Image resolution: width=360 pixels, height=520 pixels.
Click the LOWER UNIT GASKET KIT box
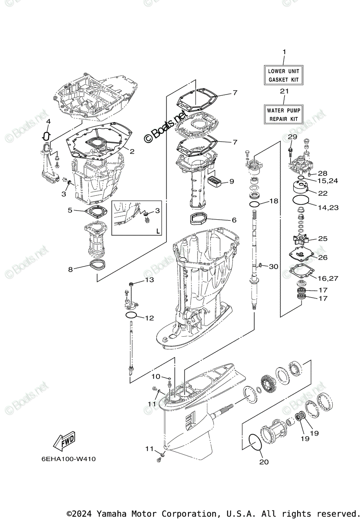(284, 75)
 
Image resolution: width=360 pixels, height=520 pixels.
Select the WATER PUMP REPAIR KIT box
(284, 114)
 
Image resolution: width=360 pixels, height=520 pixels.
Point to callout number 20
(264, 462)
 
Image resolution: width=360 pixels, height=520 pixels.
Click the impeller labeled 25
(299, 239)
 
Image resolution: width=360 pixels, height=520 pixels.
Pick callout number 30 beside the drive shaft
(273, 266)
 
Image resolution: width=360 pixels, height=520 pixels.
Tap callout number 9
(231, 181)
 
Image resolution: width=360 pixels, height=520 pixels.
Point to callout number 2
(132, 151)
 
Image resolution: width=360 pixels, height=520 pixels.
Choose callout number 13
(149, 280)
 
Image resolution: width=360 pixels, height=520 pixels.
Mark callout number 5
(70, 210)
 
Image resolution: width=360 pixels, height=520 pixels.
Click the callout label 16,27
(328, 278)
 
